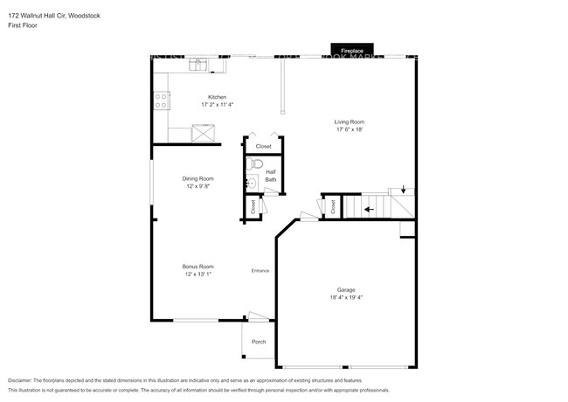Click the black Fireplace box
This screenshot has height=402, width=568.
[x=351, y=50]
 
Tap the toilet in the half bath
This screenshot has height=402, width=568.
[x=257, y=163]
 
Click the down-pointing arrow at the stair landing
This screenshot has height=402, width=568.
[x=403, y=189]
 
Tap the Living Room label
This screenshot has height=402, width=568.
[x=350, y=121]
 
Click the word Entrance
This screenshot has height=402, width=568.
[x=260, y=270]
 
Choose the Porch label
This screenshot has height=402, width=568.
[x=259, y=342]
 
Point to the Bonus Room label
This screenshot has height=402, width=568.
[x=198, y=266]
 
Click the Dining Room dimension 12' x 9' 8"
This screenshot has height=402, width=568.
[x=198, y=186]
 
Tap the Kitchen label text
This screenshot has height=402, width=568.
[x=217, y=96]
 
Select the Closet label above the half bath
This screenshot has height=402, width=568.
[x=263, y=146]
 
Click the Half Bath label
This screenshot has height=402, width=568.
[x=271, y=176]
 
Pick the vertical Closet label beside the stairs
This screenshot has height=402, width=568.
[x=333, y=207]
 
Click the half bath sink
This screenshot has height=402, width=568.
[x=248, y=184]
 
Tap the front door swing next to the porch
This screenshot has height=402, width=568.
[x=256, y=317]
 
